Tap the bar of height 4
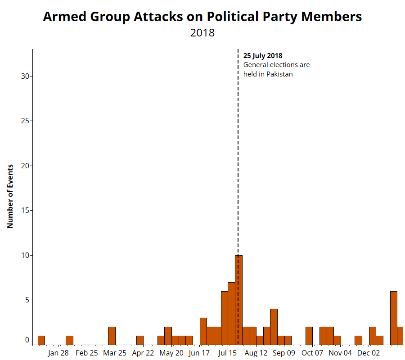pyautogui.click(x=274, y=327)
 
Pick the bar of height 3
pyautogui.click(x=203, y=331)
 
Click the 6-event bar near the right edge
pyautogui.click(x=393, y=318)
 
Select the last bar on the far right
pyautogui.click(x=400, y=336)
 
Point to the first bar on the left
pyautogui.click(x=41, y=340)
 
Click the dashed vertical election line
pyautogui.click(x=238, y=157)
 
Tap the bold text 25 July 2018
pyautogui.click(x=263, y=56)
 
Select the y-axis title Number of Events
pyautogui.click(x=10, y=196)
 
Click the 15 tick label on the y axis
pyautogui.click(x=25, y=210)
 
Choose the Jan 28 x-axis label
pyautogui.click(x=58, y=353)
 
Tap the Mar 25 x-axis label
pyautogui.click(x=115, y=353)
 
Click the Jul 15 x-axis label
pyautogui.click(x=228, y=353)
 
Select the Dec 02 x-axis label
pyautogui.click(x=369, y=353)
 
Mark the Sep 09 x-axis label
pyautogui.click(x=284, y=353)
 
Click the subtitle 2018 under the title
pyautogui.click(x=202, y=33)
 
